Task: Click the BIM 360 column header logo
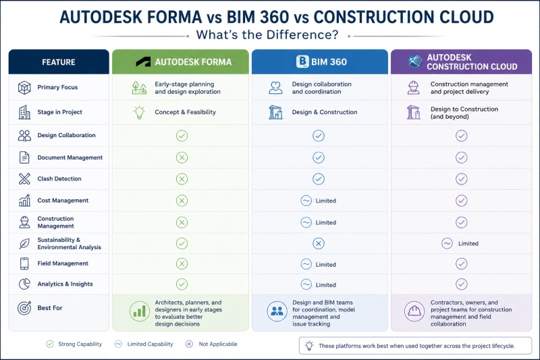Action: [x=302, y=61]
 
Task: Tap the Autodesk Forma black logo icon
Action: [x=143, y=62]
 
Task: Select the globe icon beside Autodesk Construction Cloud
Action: [x=415, y=61]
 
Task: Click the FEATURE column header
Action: [x=59, y=62]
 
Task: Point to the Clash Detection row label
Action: [x=59, y=179]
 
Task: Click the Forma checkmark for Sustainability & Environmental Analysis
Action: [x=182, y=244]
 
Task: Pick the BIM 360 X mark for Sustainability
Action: [x=319, y=244]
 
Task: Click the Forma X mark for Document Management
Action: [x=182, y=157]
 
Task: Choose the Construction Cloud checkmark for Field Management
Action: [x=462, y=264]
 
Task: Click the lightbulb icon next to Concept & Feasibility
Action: [x=139, y=112]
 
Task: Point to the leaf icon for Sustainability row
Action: [x=24, y=244]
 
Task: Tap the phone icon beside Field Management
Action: [x=24, y=263]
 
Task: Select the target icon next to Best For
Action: [x=24, y=307]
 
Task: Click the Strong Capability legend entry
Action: [x=74, y=344]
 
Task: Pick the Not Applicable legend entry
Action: [x=211, y=344]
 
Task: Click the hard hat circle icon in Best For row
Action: [x=414, y=311]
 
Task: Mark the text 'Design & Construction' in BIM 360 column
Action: [x=325, y=112]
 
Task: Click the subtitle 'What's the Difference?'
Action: [x=267, y=35]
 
